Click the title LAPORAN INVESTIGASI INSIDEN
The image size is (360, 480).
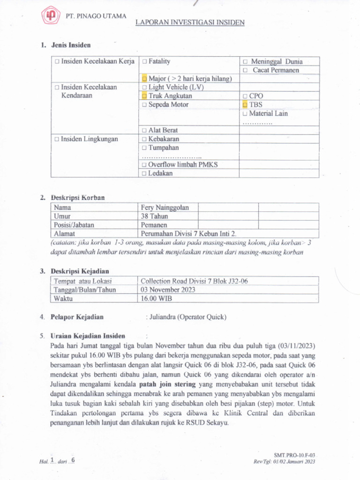pos(190,22)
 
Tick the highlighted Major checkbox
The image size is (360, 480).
pos(145,79)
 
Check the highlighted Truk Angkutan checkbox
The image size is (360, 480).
pos(145,96)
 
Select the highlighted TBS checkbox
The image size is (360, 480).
pos(245,105)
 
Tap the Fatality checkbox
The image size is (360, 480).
pos(145,61)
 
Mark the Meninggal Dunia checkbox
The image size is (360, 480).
pos(245,61)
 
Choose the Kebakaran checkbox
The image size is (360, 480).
pos(145,139)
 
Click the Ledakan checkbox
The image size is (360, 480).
pos(145,173)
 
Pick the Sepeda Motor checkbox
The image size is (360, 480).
pos(145,105)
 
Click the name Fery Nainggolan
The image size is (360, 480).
pos(162,208)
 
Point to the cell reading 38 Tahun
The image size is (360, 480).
pos(154,216)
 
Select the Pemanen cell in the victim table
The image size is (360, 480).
pos(154,225)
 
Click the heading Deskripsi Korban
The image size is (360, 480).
pos(77,198)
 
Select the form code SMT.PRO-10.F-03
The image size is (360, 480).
pos(294,455)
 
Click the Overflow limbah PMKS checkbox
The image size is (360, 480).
pos(145,165)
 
